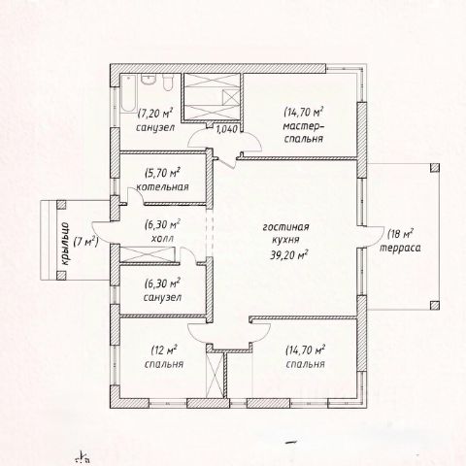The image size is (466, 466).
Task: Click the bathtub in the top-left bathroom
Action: [129, 93]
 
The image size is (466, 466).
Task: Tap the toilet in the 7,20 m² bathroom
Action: [168, 83]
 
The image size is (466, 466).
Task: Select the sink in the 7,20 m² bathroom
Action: [149, 80]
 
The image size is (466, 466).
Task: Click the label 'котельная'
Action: [162, 187]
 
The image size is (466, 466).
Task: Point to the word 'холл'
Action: [162, 239]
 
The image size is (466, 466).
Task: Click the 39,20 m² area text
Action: [288, 255]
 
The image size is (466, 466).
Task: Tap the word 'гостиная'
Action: [285, 227]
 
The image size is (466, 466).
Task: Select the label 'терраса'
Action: [400, 249]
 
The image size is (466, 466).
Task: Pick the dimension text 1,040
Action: [227, 129]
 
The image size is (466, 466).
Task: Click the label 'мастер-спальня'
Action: [304, 132]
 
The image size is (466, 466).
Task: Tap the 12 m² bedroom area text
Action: [164, 350]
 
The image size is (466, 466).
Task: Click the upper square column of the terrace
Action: [435, 168]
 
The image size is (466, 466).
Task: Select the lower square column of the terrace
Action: [435, 305]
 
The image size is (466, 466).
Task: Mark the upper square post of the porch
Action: [61, 205]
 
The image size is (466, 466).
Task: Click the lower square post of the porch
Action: [61, 276]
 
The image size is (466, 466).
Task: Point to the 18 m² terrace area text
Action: [400, 234]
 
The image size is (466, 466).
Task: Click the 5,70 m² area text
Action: [162, 173]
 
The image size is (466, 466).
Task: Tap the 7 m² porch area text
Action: [85, 242]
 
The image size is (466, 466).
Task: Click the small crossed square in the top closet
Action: [231, 97]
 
